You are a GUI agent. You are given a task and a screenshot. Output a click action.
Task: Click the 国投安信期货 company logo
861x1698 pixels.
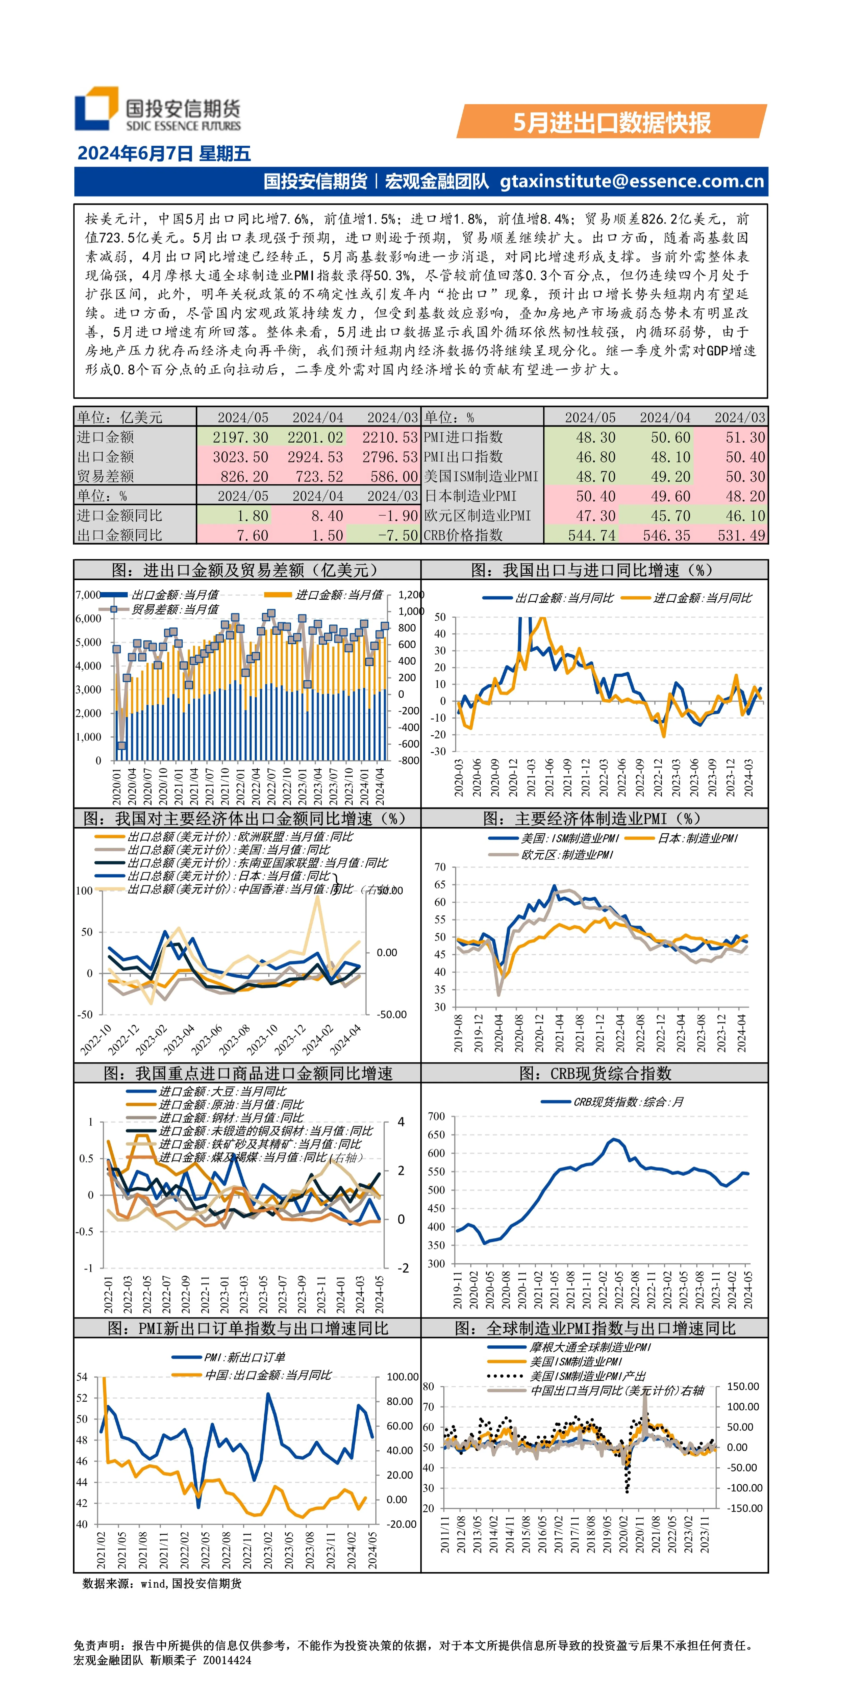point(158,109)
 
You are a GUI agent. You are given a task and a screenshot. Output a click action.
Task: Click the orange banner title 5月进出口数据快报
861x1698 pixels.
point(612,123)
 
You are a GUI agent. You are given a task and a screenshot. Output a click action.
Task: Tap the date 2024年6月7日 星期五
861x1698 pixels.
point(164,153)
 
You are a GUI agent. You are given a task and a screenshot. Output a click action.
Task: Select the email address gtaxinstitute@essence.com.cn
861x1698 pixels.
point(632,181)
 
